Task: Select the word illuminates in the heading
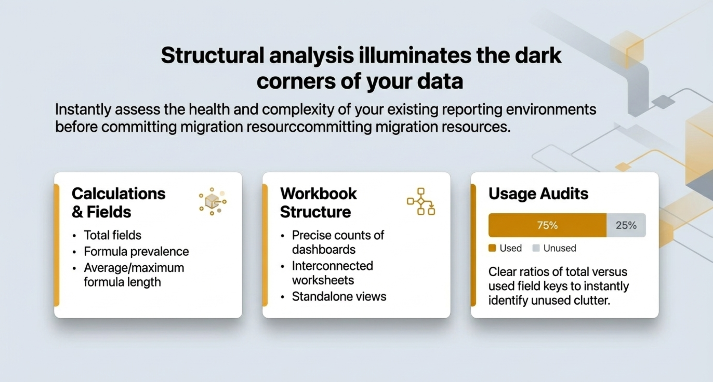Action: tap(415, 55)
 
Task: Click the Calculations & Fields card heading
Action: tap(118, 202)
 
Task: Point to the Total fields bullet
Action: tap(112, 235)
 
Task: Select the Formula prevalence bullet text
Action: tap(136, 251)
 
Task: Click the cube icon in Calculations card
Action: tap(213, 201)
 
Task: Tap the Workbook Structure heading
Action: tap(318, 202)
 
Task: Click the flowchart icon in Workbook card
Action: tap(421, 201)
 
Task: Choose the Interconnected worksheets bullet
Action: tap(332, 273)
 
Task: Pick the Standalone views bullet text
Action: tap(339, 296)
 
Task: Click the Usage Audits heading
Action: tap(538, 194)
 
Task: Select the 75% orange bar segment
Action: tap(548, 225)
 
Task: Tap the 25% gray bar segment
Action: tap(626, 225)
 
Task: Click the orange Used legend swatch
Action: tap(492, 248)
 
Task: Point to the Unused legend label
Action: tap(560, 248)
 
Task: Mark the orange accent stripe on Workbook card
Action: tap(265, 245)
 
